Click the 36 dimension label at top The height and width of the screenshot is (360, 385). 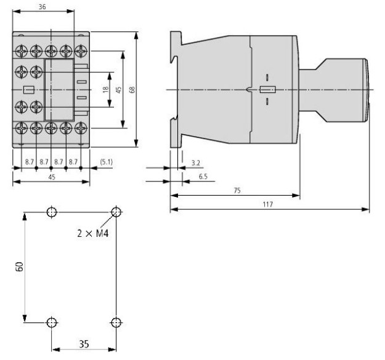[x=42, y=7]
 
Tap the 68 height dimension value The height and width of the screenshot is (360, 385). [x=132, y=89]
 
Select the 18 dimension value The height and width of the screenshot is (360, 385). [x=105, y=89]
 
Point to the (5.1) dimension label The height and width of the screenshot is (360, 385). [x=107, y=162]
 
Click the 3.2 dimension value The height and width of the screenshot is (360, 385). [x=196, y=163]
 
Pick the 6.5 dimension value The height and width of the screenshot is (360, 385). [x=203, y=177]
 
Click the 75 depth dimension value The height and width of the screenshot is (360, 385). [x=237, y=191]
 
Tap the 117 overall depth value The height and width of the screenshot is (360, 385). [x=267, y=204]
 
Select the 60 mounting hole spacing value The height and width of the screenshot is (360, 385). [x=19, y=266]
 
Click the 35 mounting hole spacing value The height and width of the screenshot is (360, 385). [x=84, y=344]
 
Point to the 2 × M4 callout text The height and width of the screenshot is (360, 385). [x=93, y=233]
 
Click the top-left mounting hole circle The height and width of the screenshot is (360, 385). [x=52, y=212]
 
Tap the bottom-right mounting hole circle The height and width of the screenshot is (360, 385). [x=116, y=322]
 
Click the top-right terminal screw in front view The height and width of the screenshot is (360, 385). [x=81, y=51]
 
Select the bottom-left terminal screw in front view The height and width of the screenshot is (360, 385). [x=22, y=128]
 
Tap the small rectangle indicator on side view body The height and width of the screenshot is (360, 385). [x=267, y=90]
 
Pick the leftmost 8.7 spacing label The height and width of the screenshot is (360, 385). [x=29, y=162]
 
